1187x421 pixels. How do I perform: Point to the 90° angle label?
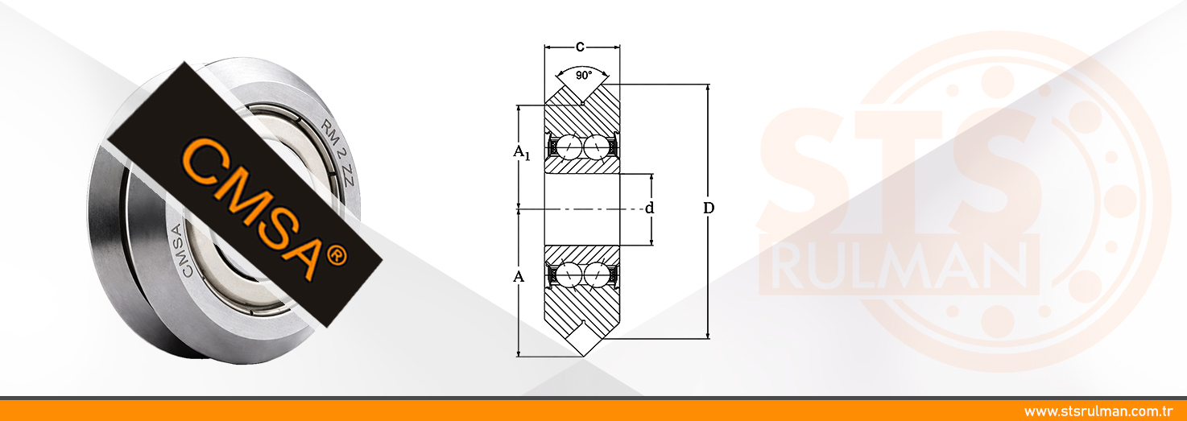(x=582, y=75)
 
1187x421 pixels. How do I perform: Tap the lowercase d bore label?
(x=650, y=208)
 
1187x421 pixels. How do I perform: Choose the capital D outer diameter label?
(x=709, y=208)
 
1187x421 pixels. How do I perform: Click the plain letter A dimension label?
(x=519, y=277)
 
